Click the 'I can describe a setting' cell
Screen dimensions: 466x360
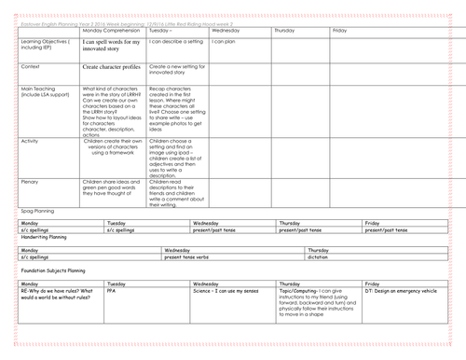176,42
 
